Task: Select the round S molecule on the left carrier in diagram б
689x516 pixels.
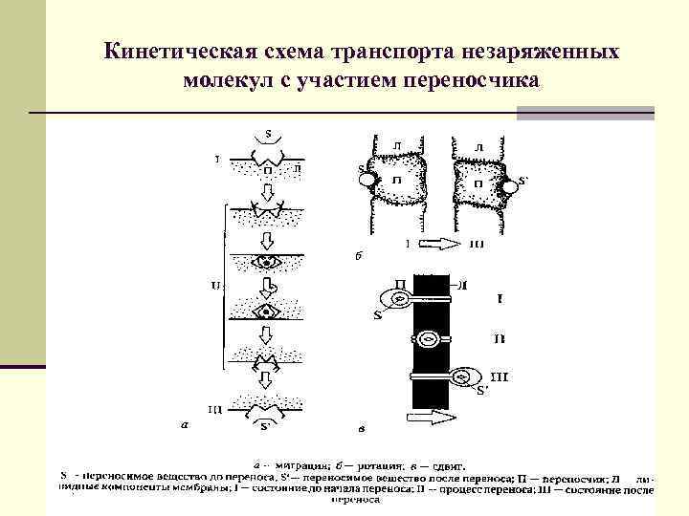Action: [x=367, y=178]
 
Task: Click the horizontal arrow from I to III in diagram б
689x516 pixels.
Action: [x=441, y=245]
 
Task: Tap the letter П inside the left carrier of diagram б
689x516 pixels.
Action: [x=396, y=181]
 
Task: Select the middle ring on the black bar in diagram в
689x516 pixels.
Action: [x=430, y=338]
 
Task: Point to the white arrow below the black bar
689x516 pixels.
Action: [x=431, y=417]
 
